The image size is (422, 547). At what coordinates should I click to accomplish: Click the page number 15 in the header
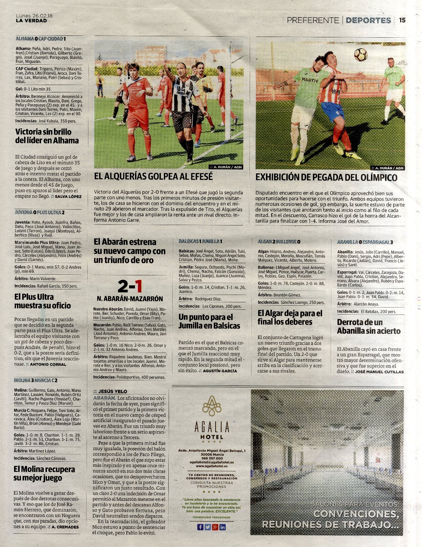[x=402, y=20]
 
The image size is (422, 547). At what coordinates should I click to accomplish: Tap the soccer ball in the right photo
[x=361, y=55]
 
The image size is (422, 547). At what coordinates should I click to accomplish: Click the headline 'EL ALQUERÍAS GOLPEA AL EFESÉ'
[x=153, y=177]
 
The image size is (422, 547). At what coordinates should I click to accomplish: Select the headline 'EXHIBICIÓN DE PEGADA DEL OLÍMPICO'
[x=326, y=178]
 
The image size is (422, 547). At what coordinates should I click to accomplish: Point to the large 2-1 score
[x=130, y=286]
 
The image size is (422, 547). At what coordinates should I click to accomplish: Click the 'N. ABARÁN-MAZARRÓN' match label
[x=130, y=299]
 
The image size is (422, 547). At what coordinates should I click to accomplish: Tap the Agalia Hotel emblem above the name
[x=212, y=405]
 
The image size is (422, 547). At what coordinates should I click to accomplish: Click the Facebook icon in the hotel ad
[x=200, y=527]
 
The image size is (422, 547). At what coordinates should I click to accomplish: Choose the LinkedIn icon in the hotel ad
[x=223, y=527]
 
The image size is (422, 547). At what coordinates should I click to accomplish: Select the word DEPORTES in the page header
[x=368, y=20]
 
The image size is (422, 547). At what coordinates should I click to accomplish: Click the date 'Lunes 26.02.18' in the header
[x=34, y=16]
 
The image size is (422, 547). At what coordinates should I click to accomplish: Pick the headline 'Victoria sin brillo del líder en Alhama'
[x=47, y=136]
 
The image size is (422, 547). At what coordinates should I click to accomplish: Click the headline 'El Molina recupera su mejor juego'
[x=44, y=473]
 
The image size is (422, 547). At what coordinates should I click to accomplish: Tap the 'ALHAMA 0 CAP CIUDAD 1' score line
[x=41, y=39]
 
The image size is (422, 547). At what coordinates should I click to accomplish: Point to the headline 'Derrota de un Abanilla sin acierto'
[x=368, y=326]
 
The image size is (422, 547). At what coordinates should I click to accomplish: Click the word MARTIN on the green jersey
[x=310, y=80]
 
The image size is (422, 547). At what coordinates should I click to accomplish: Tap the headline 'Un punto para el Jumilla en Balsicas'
[x=209, y=321]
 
